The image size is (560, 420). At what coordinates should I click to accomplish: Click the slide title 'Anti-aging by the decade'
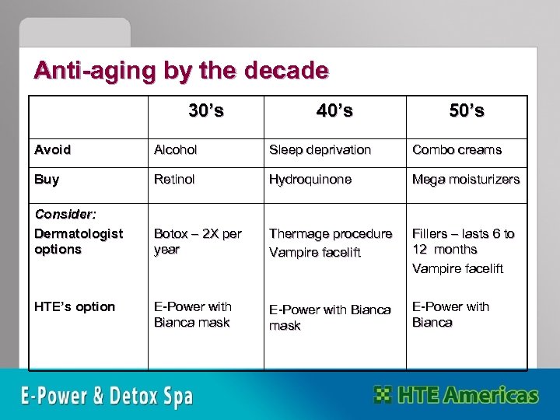(180, 71)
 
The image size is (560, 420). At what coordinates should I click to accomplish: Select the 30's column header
(206, 110)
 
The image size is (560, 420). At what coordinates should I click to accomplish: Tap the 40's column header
(334, 111)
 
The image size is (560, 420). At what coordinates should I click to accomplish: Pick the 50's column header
(467, 111)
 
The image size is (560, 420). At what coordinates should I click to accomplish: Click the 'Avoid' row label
(52, 149)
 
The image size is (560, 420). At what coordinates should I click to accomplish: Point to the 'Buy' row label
(47, 180)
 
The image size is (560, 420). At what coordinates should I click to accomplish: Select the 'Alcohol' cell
(176, 149)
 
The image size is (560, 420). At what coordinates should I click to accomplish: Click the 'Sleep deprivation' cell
(320, 149)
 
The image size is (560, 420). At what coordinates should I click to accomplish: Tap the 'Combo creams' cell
(457, 149)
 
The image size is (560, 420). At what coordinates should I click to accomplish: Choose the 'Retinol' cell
(175, 180)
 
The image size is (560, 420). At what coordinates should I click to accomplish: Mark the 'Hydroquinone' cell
(310, 180)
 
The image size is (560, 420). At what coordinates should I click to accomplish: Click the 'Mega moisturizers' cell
(465, 180)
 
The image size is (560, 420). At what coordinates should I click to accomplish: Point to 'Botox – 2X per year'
(198, 242)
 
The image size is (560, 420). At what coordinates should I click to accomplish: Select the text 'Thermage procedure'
(331, 234)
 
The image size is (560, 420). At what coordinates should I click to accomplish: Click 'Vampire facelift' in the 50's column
(457, 268)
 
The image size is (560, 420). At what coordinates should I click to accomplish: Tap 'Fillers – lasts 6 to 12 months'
(463, 242)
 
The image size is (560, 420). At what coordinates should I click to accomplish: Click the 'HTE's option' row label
(75, 306)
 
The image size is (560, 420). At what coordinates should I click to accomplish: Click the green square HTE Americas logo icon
(383, 394)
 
